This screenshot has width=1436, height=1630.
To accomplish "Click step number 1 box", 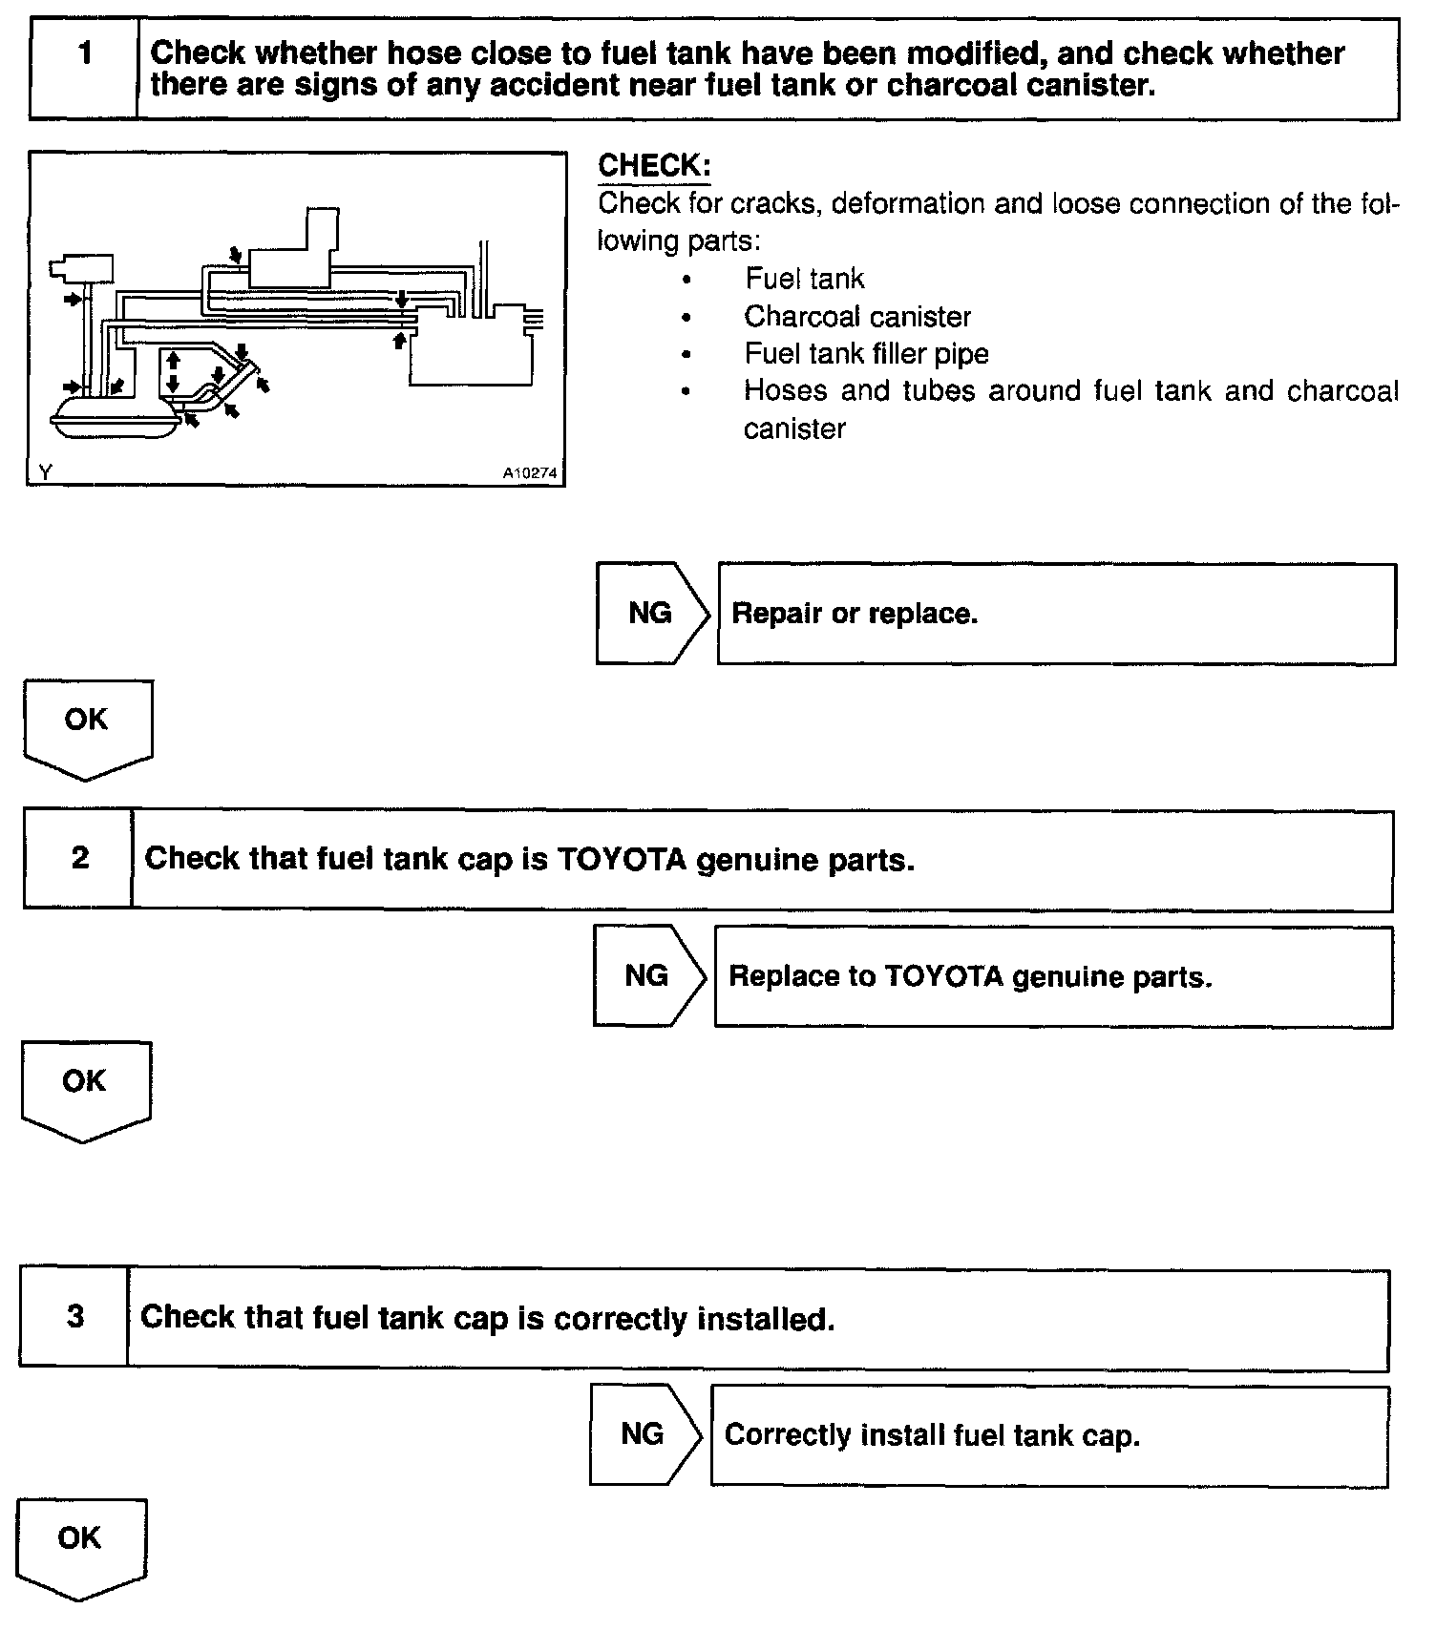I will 85,69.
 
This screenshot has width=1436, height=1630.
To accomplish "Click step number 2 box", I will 79,859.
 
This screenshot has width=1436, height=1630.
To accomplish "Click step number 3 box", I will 75,1318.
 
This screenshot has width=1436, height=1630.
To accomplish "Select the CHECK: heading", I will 654,165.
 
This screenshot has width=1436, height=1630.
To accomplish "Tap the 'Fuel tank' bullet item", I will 804,279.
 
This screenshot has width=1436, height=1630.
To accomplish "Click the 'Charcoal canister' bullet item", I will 856,316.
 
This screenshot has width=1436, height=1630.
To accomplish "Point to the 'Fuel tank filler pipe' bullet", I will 866,354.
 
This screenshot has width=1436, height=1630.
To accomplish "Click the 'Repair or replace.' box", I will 1056,614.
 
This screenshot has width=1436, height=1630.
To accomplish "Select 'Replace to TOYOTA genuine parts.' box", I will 1053,976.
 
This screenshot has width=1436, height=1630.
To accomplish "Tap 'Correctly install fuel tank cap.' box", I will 1049,1435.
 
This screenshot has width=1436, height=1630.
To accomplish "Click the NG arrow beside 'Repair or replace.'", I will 652,614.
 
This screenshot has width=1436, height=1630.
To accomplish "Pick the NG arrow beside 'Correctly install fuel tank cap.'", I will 644,1434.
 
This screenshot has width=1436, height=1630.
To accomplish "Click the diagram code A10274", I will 530,472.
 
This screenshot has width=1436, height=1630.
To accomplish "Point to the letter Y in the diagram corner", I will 45,471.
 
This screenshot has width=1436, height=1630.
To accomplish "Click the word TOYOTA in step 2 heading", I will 622,860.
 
